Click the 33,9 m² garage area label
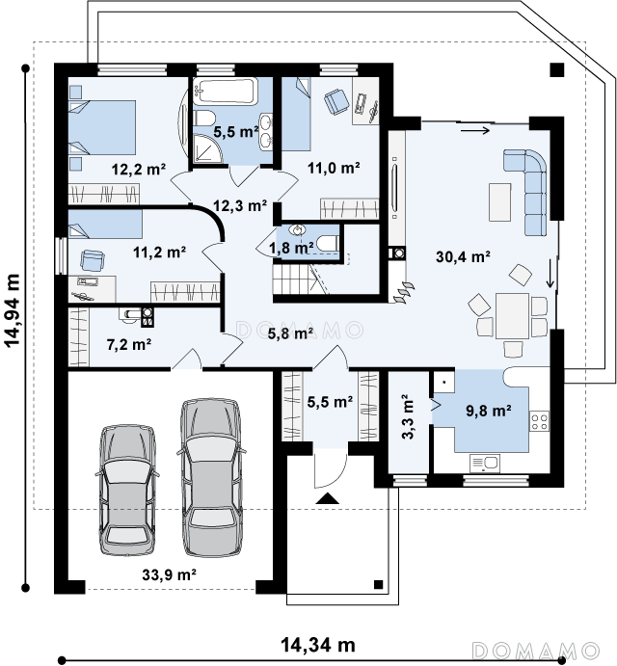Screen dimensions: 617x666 [x=169, y=575]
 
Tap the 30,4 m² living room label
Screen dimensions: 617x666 [x=463, y=256]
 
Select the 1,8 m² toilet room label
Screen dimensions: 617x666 [x=291, y=247]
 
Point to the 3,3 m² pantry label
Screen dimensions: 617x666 [x=407, y=416]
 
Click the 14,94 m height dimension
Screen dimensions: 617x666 [x=13, y=310]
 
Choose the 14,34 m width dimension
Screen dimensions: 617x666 [x=318, y=645]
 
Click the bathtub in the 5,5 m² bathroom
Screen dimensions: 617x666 [x=226, y=91]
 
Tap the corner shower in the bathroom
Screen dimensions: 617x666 [x=208, y=148]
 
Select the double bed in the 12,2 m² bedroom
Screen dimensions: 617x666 [x=102, y=127]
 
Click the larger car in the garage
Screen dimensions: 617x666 [x=211, y=477]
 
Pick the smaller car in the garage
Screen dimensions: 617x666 [x=127, y=490]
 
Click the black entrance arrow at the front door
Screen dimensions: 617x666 [x=327, y=497]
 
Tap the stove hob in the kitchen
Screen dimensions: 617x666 [x=539, y=421]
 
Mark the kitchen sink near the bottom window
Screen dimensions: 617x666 [x=485, y=464]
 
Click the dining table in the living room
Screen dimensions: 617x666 [x=512, y=315]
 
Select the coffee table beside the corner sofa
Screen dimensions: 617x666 [x=499, y=202]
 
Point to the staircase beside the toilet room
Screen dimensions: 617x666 [x=300, y=279]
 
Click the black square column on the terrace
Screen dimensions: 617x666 [x=557, y=69]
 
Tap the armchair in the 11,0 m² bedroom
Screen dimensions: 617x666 [x=336, y=102]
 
